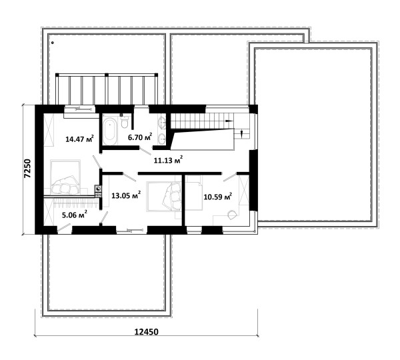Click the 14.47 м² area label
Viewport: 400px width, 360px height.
79,139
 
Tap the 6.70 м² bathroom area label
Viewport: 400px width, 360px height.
140,137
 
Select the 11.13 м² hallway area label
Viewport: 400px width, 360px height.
168,160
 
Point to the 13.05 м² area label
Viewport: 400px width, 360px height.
126,195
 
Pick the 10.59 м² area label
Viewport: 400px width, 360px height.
218,197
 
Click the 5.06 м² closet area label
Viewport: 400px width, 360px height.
75,215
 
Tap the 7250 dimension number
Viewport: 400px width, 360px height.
27,169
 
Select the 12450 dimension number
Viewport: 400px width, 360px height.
146,332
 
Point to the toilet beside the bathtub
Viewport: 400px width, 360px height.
125,122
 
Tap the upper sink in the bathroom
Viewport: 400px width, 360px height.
162,123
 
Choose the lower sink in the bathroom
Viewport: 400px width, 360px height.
162,139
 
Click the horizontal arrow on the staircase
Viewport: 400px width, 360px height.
229,121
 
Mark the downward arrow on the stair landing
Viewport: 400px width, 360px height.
242,132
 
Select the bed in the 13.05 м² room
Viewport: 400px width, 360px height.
163,197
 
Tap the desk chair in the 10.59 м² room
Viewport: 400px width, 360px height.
232,215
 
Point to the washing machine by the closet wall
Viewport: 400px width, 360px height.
98,189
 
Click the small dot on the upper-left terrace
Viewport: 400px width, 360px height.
52,43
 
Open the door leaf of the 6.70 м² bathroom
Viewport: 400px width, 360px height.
145,151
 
